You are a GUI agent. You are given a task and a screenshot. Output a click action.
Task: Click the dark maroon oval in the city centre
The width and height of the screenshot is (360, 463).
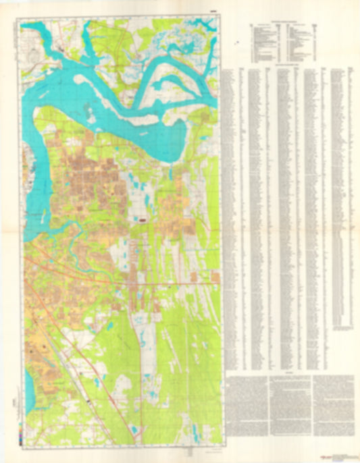144,219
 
